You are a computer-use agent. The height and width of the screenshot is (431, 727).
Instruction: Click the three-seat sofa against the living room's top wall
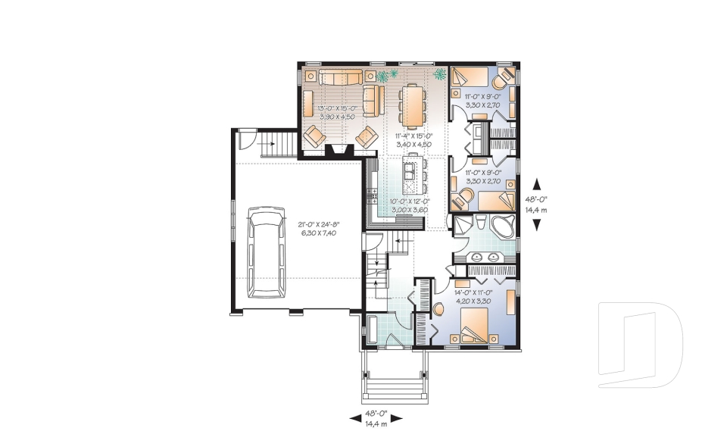point(341,77)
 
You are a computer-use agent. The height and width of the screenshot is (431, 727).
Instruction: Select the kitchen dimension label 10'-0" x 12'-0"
point(409,205)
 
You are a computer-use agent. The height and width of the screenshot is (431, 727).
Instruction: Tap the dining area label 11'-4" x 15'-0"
point(413,141)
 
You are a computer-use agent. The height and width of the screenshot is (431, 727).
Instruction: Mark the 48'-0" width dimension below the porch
point(376,417)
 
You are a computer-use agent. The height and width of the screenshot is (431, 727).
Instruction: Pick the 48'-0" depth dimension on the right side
point(537,203)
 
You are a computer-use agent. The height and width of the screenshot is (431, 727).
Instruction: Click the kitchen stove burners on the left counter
point(372,198)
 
